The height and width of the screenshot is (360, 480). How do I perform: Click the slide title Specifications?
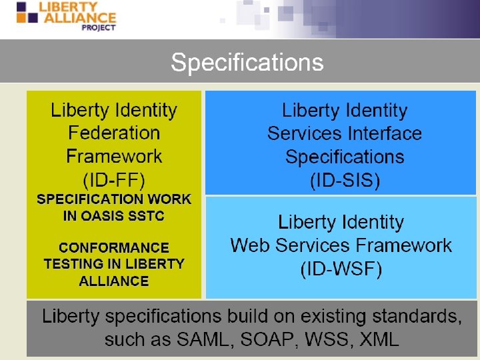click(247, 62)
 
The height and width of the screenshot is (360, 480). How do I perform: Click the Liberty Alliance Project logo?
click(66, 16)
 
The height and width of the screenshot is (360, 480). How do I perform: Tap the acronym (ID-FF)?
click(114, 179)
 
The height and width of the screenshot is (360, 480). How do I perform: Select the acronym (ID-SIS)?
click(345, 180)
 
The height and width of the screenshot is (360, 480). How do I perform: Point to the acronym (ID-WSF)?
click(341, 269)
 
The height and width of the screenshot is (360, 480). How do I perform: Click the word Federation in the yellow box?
click(114, 133)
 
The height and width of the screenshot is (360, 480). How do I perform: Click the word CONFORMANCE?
click(114, 247)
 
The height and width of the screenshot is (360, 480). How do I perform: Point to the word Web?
click(249, 245)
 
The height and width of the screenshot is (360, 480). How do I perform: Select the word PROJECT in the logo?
click(98, 27)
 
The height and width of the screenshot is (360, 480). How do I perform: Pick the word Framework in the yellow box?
click(114, 157)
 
